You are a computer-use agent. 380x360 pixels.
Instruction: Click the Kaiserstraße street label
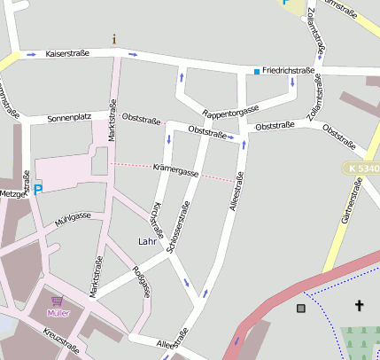click(x=68, y=53)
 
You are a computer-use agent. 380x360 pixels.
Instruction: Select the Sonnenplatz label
click(x=69, y=117)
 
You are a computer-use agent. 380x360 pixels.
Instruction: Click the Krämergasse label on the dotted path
click(x=175, y=168)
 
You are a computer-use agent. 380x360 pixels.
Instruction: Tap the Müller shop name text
click(x=58, y=313)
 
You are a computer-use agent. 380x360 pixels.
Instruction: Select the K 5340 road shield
click(x=362, y=168)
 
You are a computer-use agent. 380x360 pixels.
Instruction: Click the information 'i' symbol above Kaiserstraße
click(x=113, y=39)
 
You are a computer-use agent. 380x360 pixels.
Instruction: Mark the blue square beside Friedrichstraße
click(x=257, y=71)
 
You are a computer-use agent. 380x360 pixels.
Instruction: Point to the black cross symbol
click(x=360, y=306)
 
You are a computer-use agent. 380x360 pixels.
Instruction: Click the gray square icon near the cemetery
click(x=301, y=308)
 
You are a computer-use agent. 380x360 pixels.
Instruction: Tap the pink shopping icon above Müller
click(x=58, y=301)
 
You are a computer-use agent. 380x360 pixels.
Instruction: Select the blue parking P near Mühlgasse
click(x=37, y=188)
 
